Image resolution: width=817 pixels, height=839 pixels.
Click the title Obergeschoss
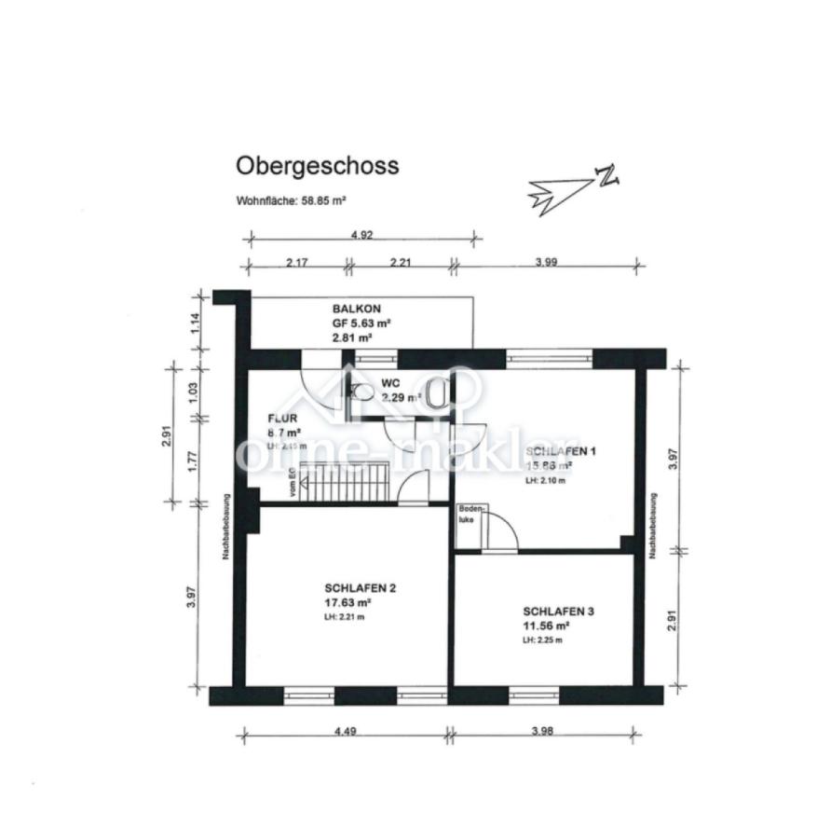click(317, 166)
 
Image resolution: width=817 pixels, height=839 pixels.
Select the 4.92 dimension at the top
click(361, 235)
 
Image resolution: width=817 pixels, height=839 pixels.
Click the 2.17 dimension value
click(296, 262)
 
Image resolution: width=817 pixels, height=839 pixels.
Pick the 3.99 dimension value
click(546, 262)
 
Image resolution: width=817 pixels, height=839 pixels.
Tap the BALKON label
click(356, 309)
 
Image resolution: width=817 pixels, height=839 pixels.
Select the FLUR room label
click(282, 419)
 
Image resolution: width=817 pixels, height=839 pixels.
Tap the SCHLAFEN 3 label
click(558, 612)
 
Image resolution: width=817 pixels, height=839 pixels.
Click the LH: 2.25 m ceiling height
click(542, 640)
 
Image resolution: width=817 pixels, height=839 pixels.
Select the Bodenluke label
click(468, 516)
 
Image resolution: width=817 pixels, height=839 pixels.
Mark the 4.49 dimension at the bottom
click(343, 732)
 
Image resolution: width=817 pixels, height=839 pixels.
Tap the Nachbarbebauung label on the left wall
click(226, 527)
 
